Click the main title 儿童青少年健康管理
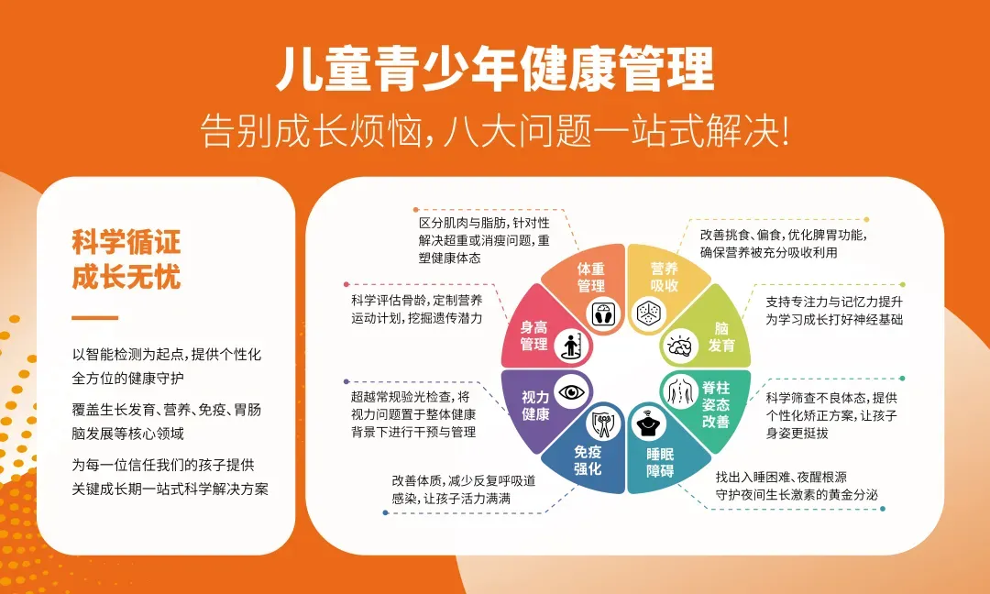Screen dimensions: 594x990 (x=495, y=71)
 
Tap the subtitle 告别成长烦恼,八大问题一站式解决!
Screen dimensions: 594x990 (x=495, y=132)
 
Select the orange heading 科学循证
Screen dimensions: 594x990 (x=126, y=242)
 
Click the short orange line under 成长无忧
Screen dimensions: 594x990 (x=95, y=318)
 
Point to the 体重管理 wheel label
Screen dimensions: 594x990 (x=591, y=277)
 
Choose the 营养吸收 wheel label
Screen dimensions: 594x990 (x=664, y=277)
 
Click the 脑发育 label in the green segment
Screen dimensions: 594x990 (x=721, y=336)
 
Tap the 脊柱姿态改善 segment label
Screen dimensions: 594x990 (x=716, y=404)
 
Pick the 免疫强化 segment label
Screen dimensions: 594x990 (x=588, y=460)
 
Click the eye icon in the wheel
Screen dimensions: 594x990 (x=573, y=392)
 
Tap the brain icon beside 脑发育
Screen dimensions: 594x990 (x=679, y=346)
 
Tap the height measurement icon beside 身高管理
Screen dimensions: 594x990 (x=572, y=346)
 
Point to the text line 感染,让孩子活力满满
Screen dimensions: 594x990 (x=451, y=499)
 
